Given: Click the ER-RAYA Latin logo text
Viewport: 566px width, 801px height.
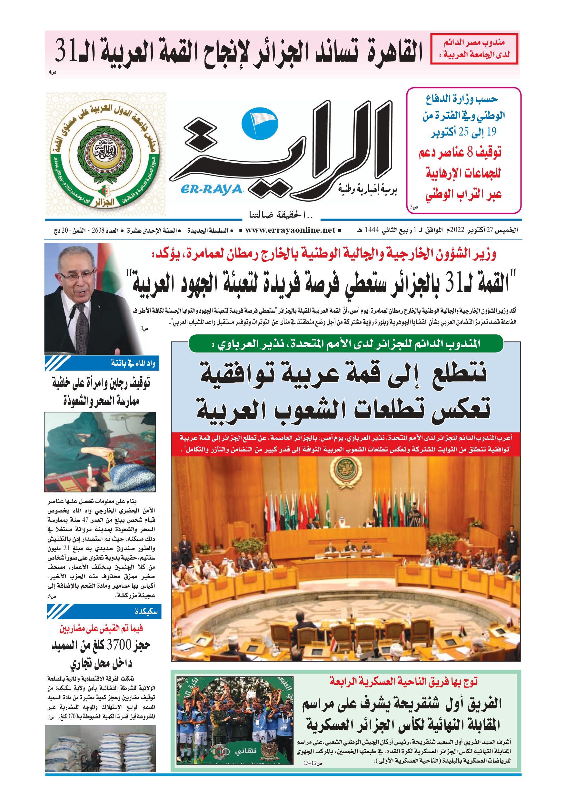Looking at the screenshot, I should [x=211, y=189].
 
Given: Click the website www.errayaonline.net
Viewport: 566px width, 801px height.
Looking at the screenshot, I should [x=290, y=230].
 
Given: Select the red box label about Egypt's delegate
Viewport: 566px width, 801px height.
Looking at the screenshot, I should [x=474, y=49].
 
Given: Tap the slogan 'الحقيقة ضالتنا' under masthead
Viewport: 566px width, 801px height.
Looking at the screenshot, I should [x=281, y=215].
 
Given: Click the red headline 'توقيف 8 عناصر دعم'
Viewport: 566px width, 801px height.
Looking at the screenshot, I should [x=460, y=152].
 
